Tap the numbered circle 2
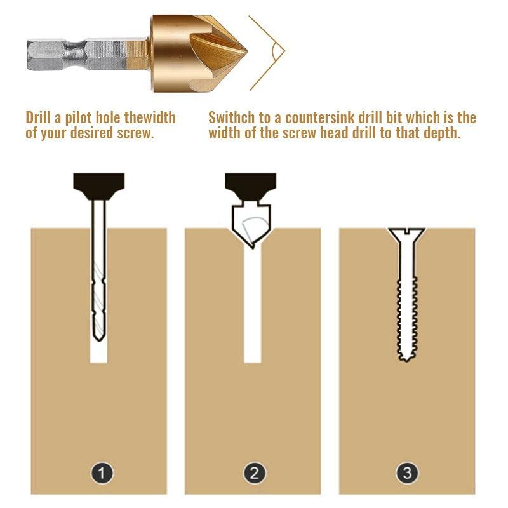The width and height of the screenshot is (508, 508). point(254,472)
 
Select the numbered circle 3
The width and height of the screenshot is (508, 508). point(407,472)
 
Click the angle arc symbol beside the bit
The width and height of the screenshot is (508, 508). point(275,52)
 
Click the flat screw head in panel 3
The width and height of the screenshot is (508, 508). point(406,233)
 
